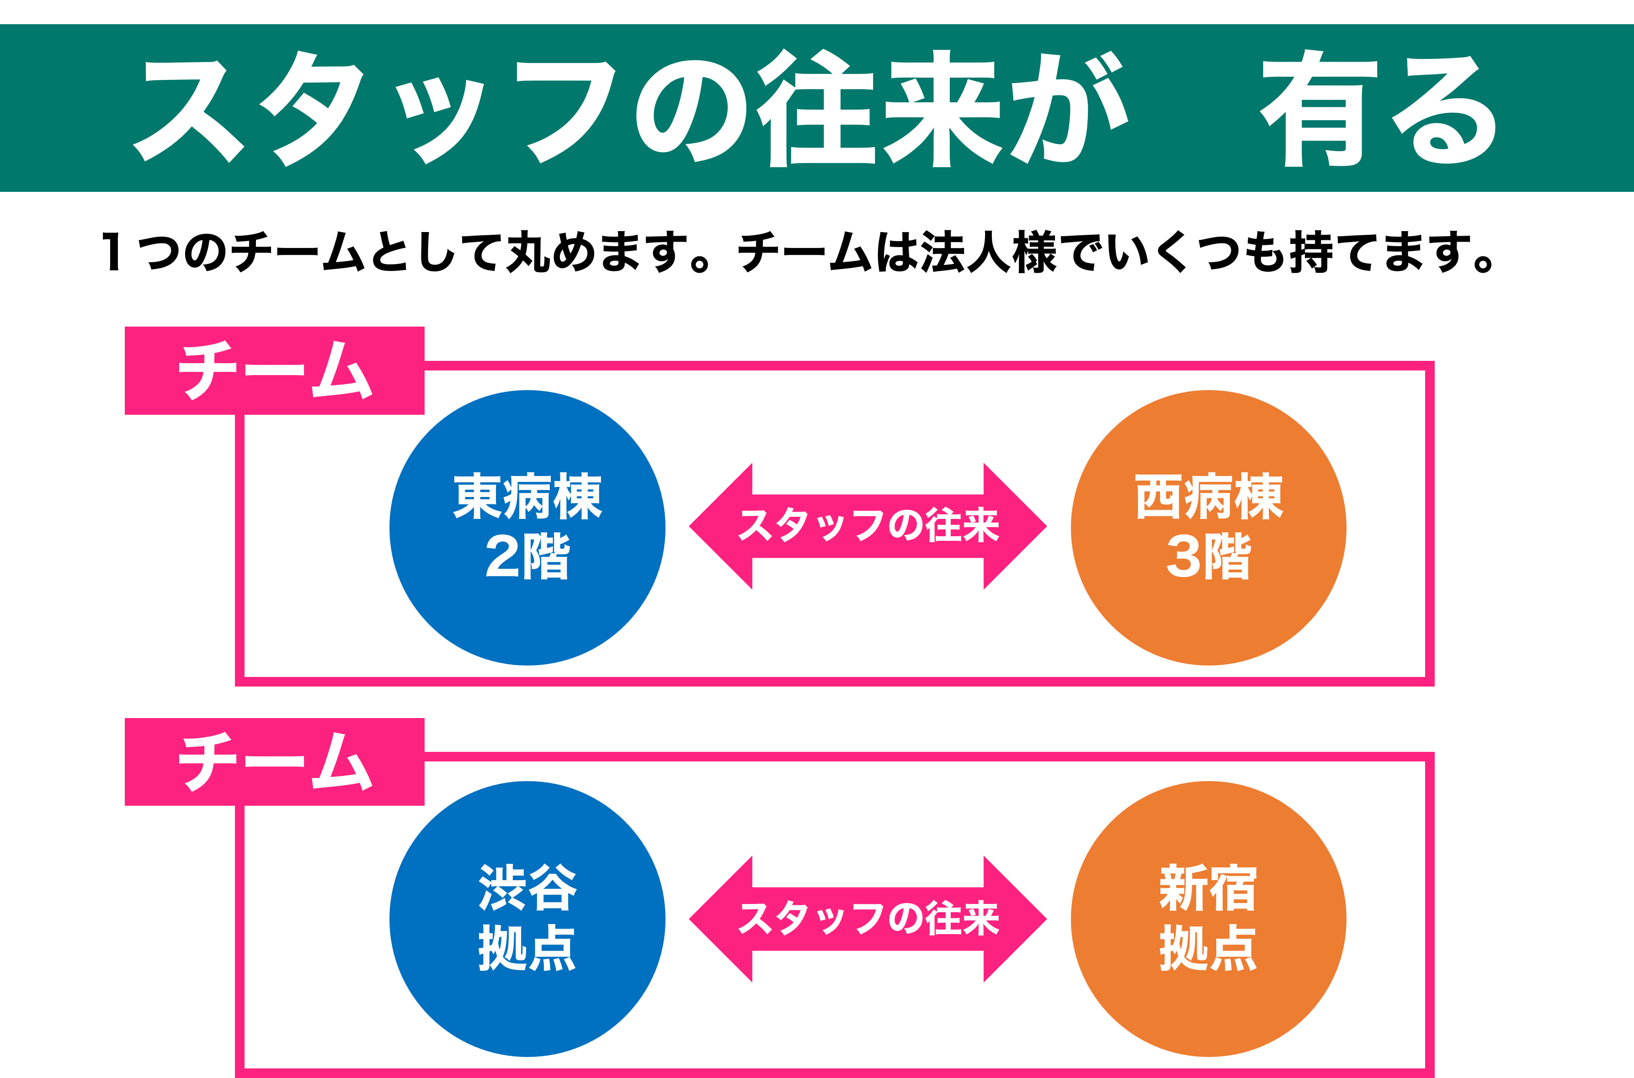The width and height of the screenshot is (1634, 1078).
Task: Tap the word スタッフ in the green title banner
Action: tap(375, 110)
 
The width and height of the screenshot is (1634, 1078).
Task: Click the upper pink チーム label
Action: tap(274, 370)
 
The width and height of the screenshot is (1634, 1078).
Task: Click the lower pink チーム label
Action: tap(274, 762)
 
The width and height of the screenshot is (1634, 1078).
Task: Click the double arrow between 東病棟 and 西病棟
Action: tap(868, 526)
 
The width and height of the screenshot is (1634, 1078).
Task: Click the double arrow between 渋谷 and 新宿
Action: tap(868, 919)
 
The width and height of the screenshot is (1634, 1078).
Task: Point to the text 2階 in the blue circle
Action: tap(527, 556)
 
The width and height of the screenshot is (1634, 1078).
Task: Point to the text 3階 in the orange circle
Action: tap(1208, 556)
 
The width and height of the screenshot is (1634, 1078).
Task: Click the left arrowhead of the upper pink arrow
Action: tap(719, 526)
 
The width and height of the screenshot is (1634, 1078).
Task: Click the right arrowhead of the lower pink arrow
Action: tap(1017, 919)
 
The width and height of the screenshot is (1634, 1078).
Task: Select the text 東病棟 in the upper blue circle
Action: tap(527, 497)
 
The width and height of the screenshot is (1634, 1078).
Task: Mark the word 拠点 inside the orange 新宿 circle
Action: tap(1208, 947)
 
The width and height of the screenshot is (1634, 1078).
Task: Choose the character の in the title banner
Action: tap(691, 110)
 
